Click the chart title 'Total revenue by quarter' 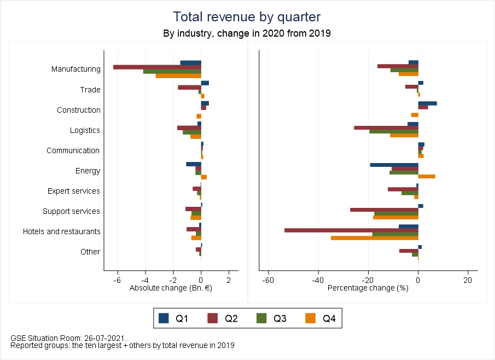[247, 16]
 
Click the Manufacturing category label [76, 69]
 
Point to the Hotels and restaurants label [62, 231]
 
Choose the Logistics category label [85, 130]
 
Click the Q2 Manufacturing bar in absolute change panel [157, 67]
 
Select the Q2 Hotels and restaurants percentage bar [351, 230]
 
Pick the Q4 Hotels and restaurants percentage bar [375, 238]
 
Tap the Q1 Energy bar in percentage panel [394, 164]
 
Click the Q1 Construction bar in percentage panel [427, 103]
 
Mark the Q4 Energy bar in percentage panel [427, 177]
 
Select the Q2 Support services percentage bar [384, 209]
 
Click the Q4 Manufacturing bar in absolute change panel [178, 76]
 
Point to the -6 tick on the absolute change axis [117, 280]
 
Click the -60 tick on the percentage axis [268, 280]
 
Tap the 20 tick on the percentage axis [467, 280]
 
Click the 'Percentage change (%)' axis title [368, 288]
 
